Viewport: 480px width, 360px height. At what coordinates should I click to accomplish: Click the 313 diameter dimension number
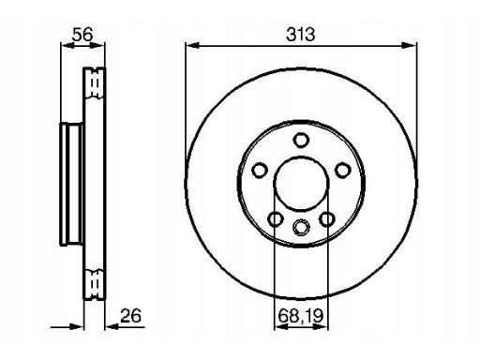(301, 35)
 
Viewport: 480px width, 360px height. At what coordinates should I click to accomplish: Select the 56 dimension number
(82, 35)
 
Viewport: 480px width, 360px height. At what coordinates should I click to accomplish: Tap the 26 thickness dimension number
(131, 316)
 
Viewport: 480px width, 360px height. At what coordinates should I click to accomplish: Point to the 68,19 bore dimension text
(300, 316)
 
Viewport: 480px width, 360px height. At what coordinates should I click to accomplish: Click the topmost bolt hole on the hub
(301, 140)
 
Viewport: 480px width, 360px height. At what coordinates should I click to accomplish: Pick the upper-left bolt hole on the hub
(260, 171)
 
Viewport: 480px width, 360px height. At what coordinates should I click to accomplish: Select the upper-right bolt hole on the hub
(342, 171)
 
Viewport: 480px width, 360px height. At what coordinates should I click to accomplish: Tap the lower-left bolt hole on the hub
(276, 219)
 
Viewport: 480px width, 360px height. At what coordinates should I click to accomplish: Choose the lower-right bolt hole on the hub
(327, 219)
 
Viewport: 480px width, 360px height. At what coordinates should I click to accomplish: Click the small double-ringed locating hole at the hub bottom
(301, 227)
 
